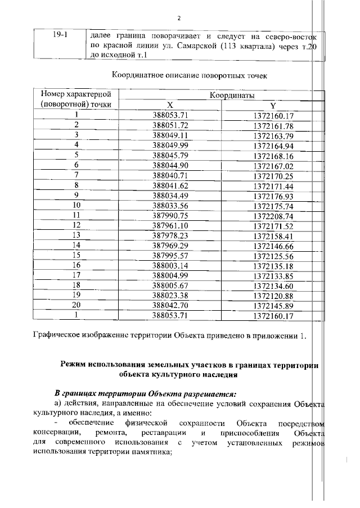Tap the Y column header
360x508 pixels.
tap(273, 105)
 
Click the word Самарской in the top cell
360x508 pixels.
tap(196, 46)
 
